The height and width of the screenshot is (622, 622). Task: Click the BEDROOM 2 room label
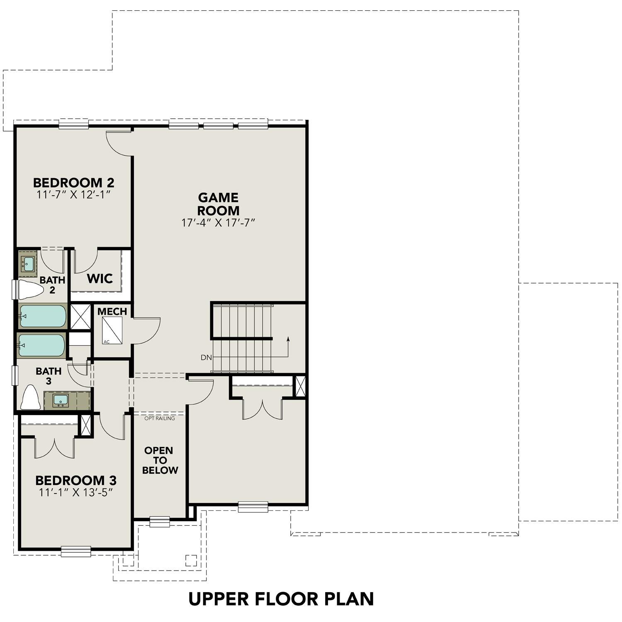click(73, 182)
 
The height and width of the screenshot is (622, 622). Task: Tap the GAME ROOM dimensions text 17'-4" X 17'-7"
click(218, 223)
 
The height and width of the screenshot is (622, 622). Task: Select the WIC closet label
click(100, 279)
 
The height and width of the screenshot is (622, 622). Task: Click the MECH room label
click(112, 311)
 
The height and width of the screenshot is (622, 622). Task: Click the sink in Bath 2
click(28, 263)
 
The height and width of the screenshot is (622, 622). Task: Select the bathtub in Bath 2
click(42, 316)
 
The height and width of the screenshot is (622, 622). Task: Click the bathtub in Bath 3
click(41, 345)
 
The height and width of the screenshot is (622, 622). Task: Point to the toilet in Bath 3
click(30, 398)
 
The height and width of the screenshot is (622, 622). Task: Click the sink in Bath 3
click(61, 400)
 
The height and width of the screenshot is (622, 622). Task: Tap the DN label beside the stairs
click(206, 357)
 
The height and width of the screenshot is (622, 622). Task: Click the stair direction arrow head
click(288, 339)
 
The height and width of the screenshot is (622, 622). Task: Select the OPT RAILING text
click(159, 418)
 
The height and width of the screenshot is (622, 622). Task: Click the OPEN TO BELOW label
click(160, 460)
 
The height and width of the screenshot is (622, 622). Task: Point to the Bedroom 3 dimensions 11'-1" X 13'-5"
click(75, 492)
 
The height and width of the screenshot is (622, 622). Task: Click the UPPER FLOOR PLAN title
click(281, 599)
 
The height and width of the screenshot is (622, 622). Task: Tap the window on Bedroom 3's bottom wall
click(76, 551)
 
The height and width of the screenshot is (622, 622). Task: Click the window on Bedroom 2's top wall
click(73, 124)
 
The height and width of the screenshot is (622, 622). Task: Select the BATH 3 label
click(49, 376)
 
